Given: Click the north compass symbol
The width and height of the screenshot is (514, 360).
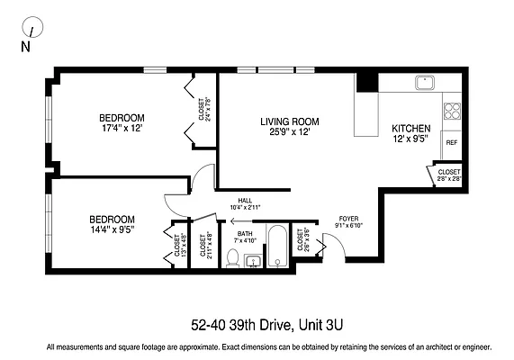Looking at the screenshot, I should click(x=32, y=30).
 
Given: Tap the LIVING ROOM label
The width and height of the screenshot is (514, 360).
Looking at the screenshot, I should click(x=290, y=121).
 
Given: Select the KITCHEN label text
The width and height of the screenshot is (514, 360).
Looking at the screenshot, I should click(x=410, y=129).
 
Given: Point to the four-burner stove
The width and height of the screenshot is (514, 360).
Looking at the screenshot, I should click(x=452, y=112).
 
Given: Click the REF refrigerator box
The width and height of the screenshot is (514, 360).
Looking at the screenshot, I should click(x=451, y=143).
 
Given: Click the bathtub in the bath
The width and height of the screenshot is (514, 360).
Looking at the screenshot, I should click(x=277, y=244).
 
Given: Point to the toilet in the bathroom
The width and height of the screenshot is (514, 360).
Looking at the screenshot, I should click(x=232, y=259).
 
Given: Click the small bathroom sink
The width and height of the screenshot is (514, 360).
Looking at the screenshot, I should click(x=254, y=262).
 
